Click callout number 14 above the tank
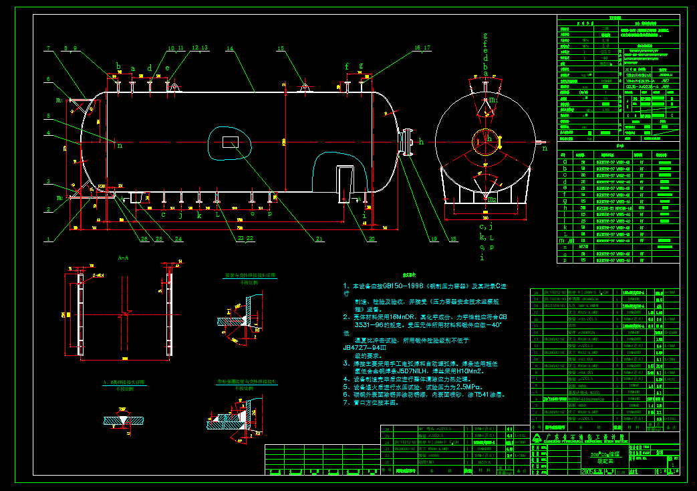click(x=229, y=49)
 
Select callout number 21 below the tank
click(x=319, y=239)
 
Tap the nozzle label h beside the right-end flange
click(x=421, y=141)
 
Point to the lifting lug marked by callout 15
click(x=305, y=88)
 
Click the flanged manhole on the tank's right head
click(x=405, y=142)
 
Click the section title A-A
click(x=123, y=257)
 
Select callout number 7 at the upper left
click(x=49, y=48)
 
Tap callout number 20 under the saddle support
click(x=372, y=239)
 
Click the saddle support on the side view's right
click(x=347, y=183)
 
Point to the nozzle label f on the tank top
click(x=347, y=66)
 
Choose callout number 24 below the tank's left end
click(x=178, y=239)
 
